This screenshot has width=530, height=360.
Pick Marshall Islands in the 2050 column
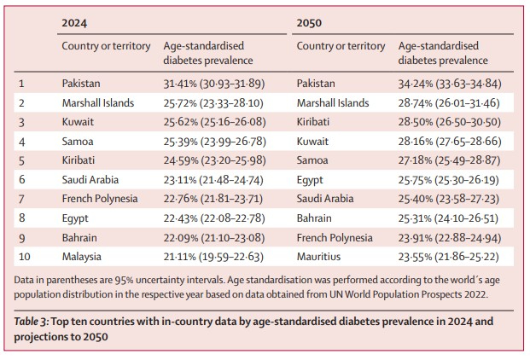(333, 102)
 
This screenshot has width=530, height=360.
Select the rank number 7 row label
(21, 198)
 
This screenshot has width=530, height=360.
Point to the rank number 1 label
(21, 84)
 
